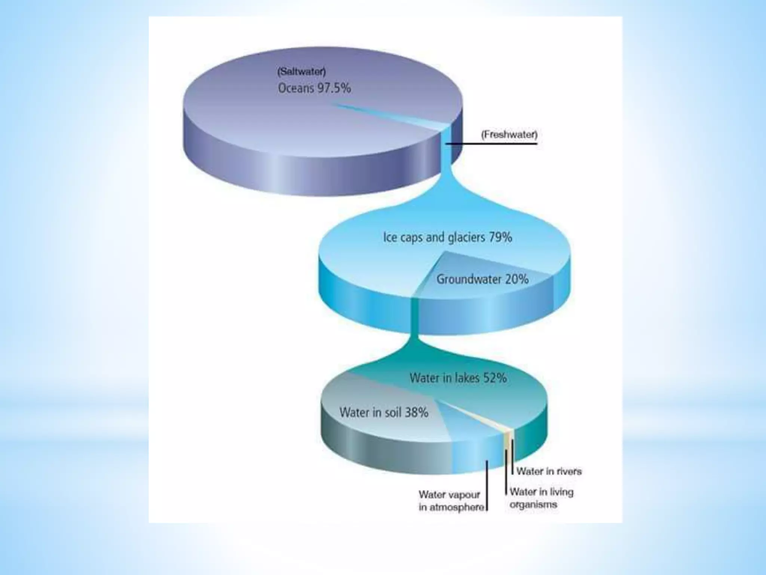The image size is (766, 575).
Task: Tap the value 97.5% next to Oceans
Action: [334, 88]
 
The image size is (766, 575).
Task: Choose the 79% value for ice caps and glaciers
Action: [500, 237]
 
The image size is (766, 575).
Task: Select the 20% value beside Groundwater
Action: [517, 279]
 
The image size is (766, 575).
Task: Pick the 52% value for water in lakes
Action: [494, 378]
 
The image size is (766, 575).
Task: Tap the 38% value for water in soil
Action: [416, 413]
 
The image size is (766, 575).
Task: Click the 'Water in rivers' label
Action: [549, 471]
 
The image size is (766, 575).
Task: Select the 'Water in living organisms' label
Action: [541, 498]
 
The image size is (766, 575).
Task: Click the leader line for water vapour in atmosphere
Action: [487, 485]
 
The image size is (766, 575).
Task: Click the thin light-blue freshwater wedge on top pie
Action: [411, 120]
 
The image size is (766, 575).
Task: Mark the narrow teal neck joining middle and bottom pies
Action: [414, 326]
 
